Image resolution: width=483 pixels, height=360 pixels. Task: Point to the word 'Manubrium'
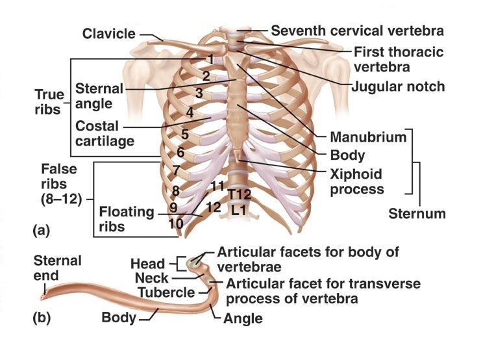[x=367, y=137]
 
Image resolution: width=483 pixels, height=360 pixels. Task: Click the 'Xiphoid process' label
[x=355, y=182]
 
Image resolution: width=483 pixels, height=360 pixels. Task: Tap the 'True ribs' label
[x=48, y=103]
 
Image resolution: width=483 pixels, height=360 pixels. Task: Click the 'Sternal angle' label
[x=98, y=96]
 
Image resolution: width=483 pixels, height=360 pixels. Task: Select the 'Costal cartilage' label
[x=104, y=133]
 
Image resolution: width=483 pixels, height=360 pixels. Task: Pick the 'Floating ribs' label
[x=127, y=219]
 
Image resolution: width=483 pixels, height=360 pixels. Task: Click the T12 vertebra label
[x=239, y=194]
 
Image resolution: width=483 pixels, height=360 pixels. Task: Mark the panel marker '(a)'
[x=40, y=229]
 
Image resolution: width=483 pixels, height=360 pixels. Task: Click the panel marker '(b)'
[x=40, y=318]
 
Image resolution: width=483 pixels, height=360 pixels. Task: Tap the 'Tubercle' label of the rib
[x=166, y=293]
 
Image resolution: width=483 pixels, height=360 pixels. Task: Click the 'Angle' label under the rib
[x=242, y=318]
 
